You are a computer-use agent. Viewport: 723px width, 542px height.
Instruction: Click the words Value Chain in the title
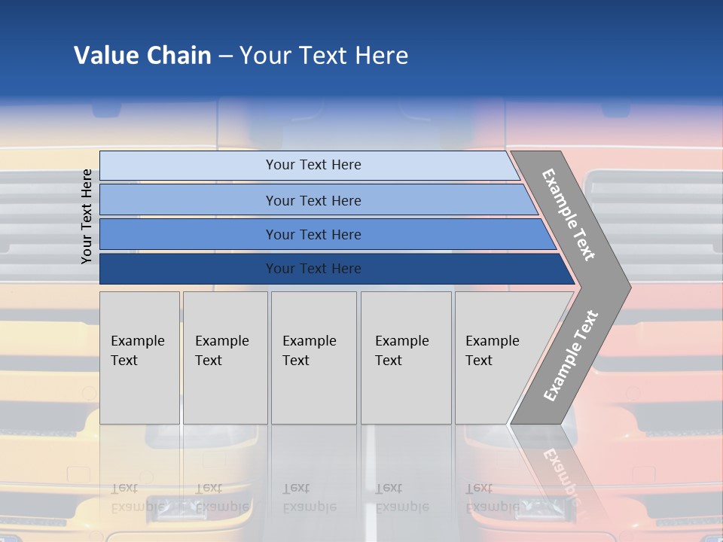pyautogui.click(x=142, y=55)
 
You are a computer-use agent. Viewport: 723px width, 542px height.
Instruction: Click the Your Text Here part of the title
pyautogui.click(x=324, y=55)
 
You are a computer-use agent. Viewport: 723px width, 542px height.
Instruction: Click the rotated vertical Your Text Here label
pyautogui.click(x=87, y=216)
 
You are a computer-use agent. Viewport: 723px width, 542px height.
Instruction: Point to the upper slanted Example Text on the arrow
pyautogui.click(x=569, y=215)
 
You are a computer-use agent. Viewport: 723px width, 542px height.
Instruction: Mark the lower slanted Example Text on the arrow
pyautogui.click(x=571, y=355)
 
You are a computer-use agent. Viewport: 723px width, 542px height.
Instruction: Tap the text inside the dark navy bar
pyautogui.click(x=313, y=269)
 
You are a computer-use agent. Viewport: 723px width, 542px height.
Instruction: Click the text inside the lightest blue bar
pyautogui.click(x=313, y=165)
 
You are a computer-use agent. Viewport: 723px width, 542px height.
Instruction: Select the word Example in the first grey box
pyautogui.click(x=137, y=341)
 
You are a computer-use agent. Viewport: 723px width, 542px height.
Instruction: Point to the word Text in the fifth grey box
pyautogui.click(x=479, y=361)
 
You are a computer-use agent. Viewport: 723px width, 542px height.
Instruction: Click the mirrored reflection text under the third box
pyautogui.click(x=309, y=498)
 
